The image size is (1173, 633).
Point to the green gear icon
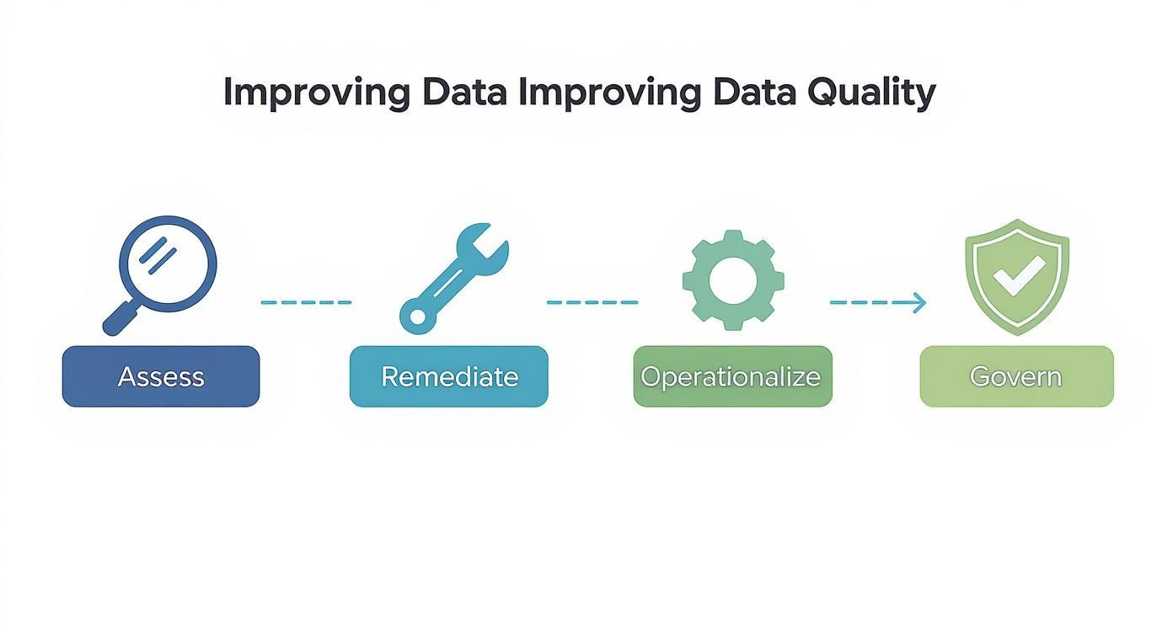point(733,279)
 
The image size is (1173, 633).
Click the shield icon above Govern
point(1016,275)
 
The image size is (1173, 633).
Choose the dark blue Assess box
point(161,376)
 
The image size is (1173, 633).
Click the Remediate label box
point(448,376)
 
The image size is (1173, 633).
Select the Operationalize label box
point(732,376)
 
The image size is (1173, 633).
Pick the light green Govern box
point(1016,376)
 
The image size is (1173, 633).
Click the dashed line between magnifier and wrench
point(306,302)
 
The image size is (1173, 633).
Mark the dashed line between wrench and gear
point(592,302)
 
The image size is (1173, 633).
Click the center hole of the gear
point(733,279)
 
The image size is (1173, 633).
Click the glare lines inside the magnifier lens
point(159,256)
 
